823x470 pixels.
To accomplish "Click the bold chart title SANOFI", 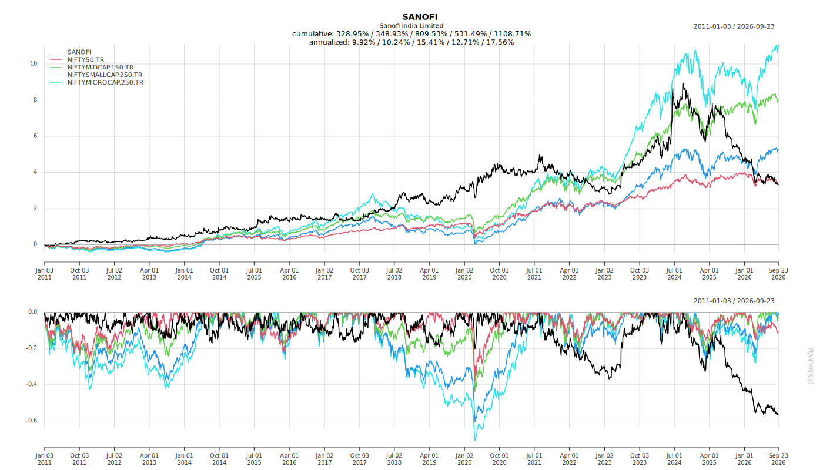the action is tap(420, 17).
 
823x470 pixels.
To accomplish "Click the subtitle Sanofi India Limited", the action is tap(411, 26).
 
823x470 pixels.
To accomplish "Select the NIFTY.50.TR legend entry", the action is tap(86, 59).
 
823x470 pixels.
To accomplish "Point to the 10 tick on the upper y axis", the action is tap(34, 63).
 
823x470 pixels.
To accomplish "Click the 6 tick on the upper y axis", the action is tap(35, 136).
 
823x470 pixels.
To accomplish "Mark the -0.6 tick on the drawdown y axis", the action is tap(32, 421).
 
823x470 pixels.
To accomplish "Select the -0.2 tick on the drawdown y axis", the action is tap(32, 348).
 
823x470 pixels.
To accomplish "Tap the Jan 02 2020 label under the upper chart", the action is tap(464, 274).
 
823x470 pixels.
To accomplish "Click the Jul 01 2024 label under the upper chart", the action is tap(675, 274).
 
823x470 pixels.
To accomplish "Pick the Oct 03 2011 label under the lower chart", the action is tap(79, 459).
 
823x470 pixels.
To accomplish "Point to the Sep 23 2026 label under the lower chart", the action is tap(778, 459).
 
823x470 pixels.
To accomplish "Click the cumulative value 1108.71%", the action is tap(512, 34).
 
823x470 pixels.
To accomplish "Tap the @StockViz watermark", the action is tap(810, 365).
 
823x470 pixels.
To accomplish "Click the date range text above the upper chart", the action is tap(734, 26).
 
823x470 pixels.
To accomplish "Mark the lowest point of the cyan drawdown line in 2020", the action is tap(475, 440).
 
